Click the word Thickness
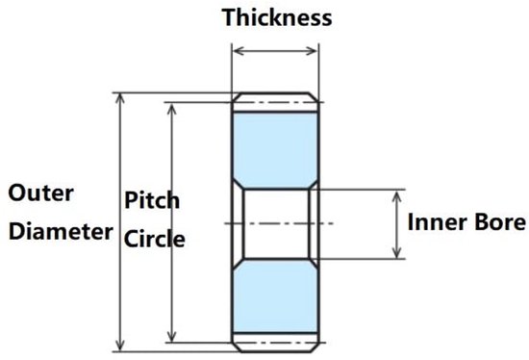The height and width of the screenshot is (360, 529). click(277, 17)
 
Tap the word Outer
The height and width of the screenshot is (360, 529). click(40, 193)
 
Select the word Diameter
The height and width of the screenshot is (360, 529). click(61, 232)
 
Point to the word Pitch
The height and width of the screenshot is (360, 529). click(152, 200)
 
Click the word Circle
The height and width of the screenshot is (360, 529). click(155, 239)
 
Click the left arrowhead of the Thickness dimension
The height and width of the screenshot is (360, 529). click(238, 51)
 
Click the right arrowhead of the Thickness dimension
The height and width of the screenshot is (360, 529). click(312, 51)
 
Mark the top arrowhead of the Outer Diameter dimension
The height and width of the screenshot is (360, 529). click(120, 97)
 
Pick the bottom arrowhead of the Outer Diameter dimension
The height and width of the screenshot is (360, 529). click(120, 347)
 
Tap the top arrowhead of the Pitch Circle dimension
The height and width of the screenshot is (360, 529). click(172, 108)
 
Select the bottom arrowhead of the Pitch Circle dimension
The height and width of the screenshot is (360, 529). click(172, 337)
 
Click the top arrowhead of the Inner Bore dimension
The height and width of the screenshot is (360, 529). click(397, 195)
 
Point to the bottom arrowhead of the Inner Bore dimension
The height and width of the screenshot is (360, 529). click(397, 253)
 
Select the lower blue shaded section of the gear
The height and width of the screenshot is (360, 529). click(275, 296)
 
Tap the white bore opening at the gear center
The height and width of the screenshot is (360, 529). click(276, 223)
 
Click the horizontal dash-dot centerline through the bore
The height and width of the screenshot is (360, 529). click(279, 223)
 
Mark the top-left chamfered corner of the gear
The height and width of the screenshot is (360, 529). click(237, 97)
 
